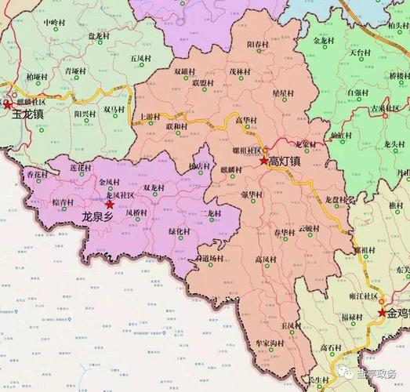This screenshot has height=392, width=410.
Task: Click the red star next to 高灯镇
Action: (x=263, y=160)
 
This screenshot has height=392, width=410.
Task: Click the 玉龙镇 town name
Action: (x=28, y=114)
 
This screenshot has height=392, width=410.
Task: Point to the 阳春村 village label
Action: (x=258, y=45)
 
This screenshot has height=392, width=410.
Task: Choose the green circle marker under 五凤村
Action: (x=140, y=68)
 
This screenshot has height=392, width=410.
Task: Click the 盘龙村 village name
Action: (x=99, y=35)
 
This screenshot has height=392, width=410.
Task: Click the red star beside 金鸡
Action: (x=382, y=313)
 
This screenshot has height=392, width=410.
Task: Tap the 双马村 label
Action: (x=115, y=111)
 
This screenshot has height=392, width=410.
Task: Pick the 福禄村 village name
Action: (x=352, y=317)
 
